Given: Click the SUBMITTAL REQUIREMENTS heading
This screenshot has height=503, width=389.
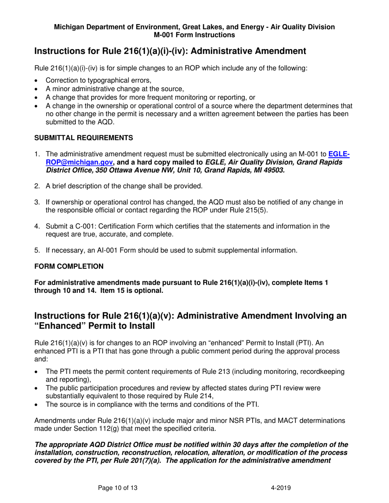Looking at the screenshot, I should (x=84, y=138).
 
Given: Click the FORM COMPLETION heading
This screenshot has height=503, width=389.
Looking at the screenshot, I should (x=69, y=266).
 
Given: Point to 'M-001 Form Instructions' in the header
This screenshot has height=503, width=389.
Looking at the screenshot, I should (x=194, y=35).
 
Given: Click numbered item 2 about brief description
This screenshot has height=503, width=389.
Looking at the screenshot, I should (x=124, y=186).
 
